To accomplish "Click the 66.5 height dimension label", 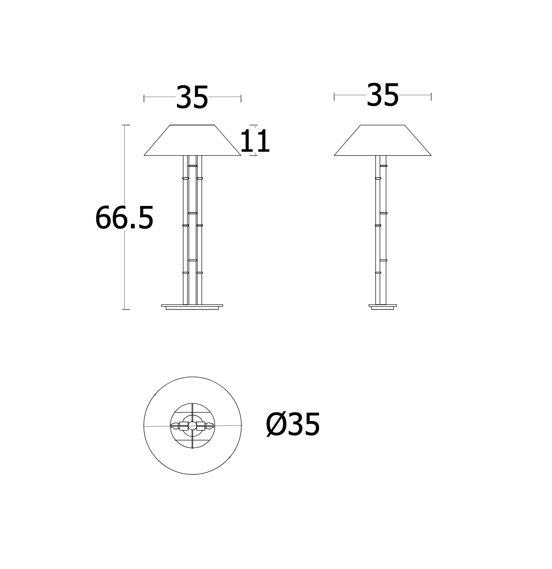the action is point(124,218).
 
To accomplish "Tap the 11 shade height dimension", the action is point(255,141).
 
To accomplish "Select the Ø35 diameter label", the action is point(293,425).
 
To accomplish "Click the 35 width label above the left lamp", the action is point(192,98).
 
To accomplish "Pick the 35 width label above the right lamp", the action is point(382,95).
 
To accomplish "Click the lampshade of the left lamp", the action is point(192,141).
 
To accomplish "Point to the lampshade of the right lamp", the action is point(382,141).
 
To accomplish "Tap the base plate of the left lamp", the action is point(192,307).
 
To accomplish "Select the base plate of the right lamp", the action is point(382,307).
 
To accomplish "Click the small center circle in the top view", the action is point(192,426).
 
